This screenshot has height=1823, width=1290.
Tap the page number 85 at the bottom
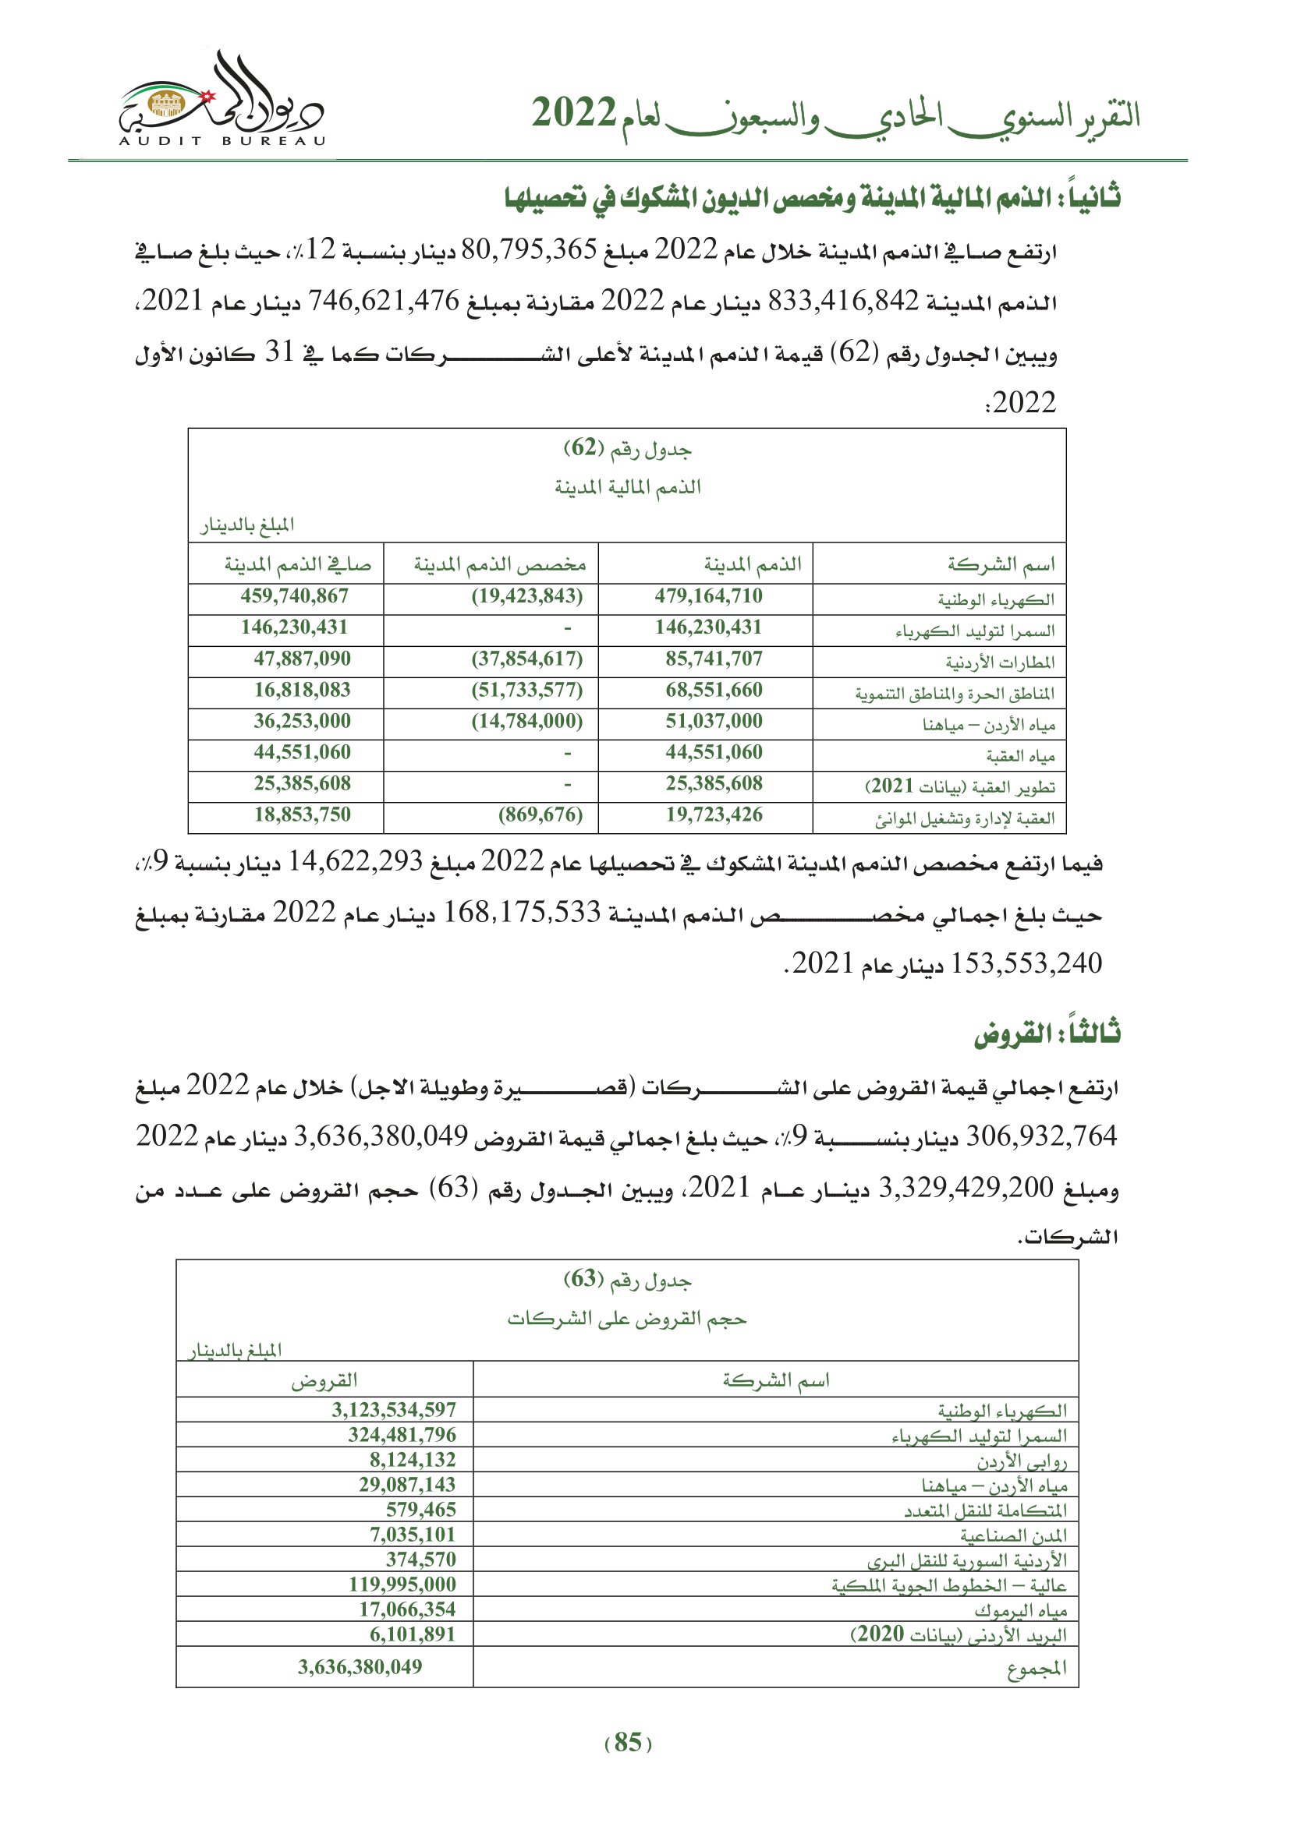[628, 1742]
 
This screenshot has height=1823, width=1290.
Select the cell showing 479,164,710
[707, 596]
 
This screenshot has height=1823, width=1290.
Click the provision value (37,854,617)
[526, 659]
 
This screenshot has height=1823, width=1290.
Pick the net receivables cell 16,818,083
[302, 690]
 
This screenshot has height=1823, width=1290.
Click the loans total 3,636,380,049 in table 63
[360, 1666]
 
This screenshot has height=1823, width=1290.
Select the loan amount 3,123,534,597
[394, 1410]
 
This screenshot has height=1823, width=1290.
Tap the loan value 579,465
[421, 1510]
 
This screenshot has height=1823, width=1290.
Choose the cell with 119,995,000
[402, 1584]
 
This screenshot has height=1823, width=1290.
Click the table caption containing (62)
[628, 450]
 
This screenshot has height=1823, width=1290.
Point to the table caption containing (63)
[628, 1280]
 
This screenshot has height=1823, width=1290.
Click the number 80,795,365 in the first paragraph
[529, 251]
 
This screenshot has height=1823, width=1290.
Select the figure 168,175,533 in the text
[522, 914]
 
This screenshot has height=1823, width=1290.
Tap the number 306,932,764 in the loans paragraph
[1041, 1137]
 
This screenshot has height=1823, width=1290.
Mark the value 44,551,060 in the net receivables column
[302, 753]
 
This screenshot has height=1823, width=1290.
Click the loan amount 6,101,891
[413, 1634]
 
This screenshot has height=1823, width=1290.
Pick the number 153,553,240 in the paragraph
[1026, 964]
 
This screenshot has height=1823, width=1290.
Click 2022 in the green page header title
[573, 115]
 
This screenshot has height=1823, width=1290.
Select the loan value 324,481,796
[402, 1435]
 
